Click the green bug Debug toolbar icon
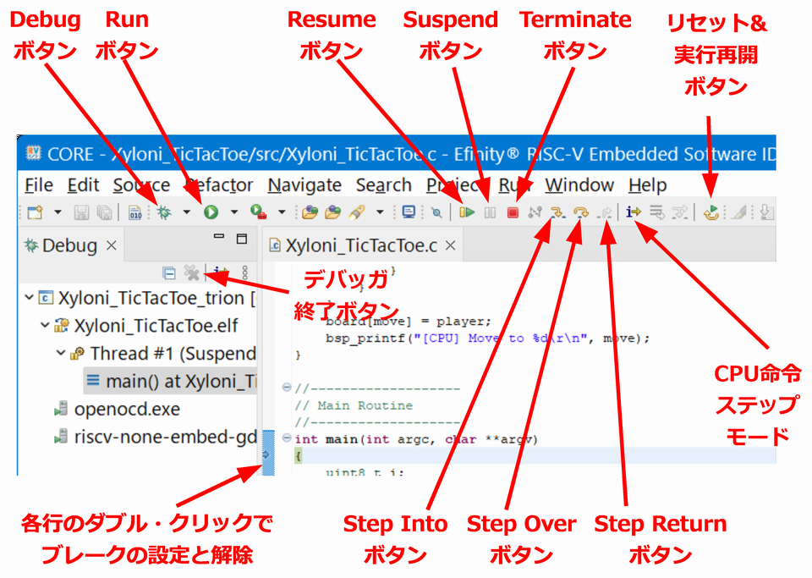[x=163, y=212]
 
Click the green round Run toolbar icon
[x=211, y=212]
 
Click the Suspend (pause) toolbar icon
[x=490, y=212]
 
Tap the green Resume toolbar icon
[x=467, y=212]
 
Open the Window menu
[x=579, y=185]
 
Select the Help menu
[x=647, y=185]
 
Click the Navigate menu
[x=304, y=185]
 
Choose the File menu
[x=39, y=185]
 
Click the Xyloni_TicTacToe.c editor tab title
[x=361, y=246]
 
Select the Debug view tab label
[x=69, y=246]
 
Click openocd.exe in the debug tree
[x=127, y=409]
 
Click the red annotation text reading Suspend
[x=451, y=19]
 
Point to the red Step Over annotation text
[x=522, y=524]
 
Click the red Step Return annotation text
[x=660, y=524]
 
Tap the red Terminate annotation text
[x=575, y=19]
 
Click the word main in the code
[x=341, y=439]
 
